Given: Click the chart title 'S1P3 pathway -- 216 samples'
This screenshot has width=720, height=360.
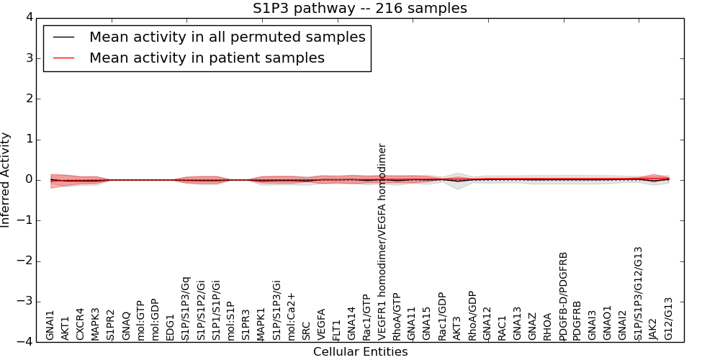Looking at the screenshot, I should tap(360, 9).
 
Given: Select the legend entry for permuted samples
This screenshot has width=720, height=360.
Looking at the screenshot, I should tap(227, 37).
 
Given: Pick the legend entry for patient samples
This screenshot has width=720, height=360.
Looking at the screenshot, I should tap(207, 58).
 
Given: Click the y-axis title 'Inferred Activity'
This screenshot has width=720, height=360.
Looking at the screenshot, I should tap(6, 180).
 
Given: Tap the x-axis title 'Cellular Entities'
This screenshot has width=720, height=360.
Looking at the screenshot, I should tap(360, 352).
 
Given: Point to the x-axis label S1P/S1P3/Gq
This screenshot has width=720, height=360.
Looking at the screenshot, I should tap(186, 308).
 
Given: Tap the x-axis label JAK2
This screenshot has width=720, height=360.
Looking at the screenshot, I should tap(654, 328).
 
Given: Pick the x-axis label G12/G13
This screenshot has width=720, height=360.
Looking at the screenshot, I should tap(669, 319).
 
